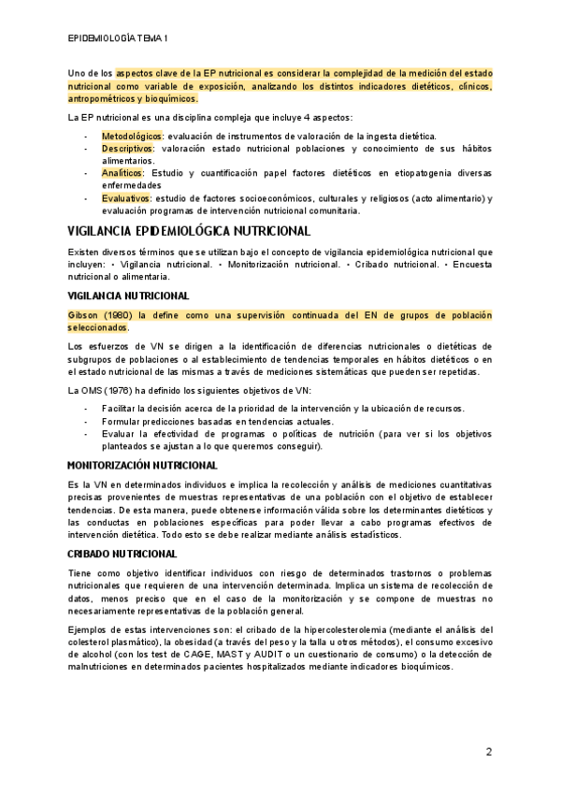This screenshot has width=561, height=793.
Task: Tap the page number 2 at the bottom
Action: [488, 751]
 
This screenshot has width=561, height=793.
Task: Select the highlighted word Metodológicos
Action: [131, 137]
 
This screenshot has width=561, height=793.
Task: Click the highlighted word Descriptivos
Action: [127, 149]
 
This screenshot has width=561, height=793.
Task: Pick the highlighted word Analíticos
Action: [122, 173]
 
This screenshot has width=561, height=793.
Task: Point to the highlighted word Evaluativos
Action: [125, 197]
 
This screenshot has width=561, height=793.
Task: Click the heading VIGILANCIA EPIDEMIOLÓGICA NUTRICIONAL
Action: [189, 231]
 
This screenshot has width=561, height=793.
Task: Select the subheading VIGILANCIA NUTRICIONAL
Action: [129, 296]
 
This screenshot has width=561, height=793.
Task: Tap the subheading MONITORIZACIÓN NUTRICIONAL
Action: [143, 465]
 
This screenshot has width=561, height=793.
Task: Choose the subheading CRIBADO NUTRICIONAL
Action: [122, 554]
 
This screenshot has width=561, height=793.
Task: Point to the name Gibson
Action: [85, 316]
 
